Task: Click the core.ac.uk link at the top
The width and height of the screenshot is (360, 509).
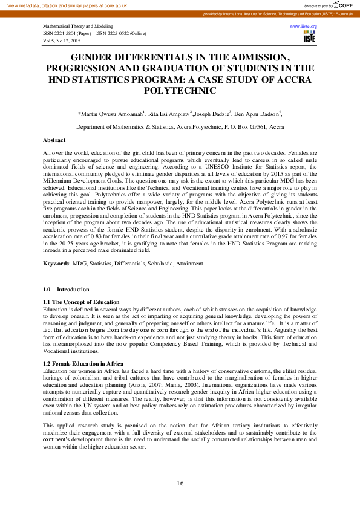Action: pos(117,5)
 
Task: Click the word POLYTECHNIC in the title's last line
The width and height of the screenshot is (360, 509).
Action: pos(180,90)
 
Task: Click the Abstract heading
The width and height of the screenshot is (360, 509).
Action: pos(55,140)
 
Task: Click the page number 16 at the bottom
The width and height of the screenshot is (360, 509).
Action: pos(180,483)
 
